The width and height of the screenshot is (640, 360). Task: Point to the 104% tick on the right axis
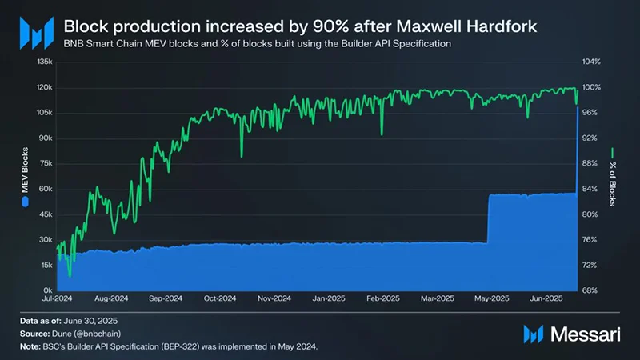591,62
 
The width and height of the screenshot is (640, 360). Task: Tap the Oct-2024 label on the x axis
219,298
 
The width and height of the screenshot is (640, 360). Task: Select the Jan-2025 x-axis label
328,298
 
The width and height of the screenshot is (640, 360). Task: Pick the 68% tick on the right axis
590,290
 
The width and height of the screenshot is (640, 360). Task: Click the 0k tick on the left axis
47,290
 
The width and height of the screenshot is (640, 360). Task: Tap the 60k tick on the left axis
45,189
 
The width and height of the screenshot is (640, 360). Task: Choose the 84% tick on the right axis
590,189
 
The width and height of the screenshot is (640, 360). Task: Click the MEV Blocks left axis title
24,174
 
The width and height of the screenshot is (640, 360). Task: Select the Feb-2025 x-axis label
382,298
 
